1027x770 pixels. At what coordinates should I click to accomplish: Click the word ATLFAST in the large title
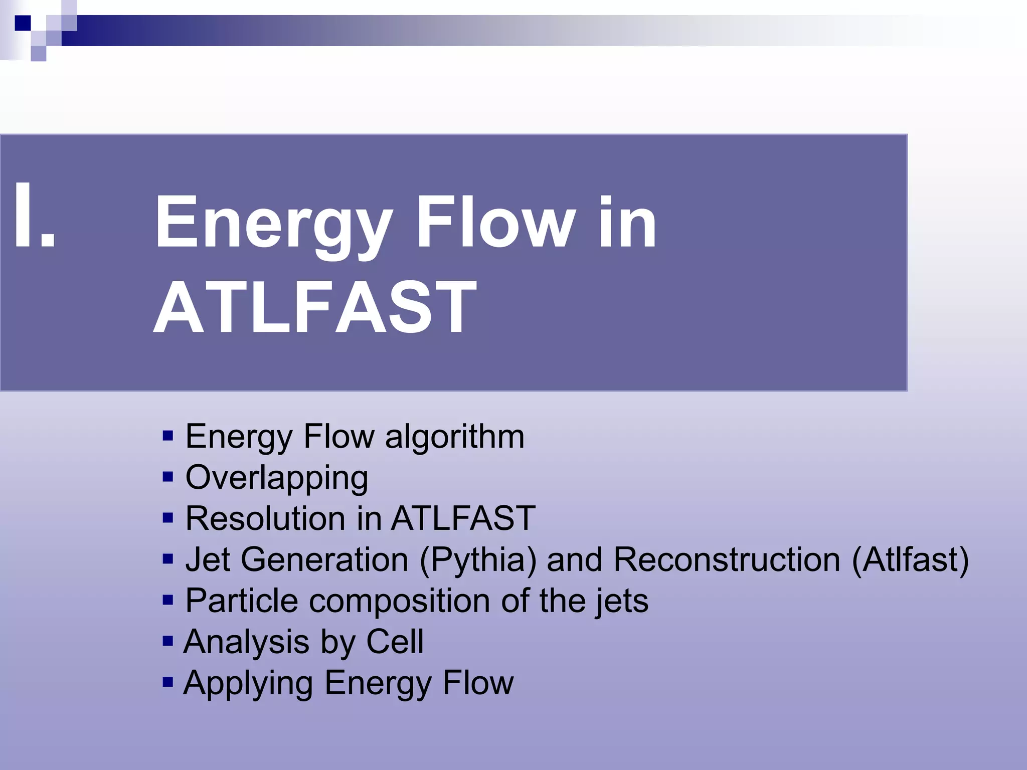315,307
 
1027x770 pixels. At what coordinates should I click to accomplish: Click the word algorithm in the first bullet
454,437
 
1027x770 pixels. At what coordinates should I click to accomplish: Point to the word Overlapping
277,478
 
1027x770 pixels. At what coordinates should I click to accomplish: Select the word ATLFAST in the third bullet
463,518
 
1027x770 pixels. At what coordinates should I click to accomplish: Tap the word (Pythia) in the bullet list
478,560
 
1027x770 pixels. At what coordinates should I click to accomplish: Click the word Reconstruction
727,559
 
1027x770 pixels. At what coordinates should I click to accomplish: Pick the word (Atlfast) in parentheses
910,560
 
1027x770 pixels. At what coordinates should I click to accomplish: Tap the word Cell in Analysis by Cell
395,642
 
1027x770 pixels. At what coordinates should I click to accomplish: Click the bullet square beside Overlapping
168,477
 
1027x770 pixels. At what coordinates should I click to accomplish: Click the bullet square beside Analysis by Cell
168,641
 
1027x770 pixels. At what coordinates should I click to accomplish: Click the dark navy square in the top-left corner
23,23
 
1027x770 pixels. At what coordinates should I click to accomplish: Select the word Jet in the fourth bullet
207,559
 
